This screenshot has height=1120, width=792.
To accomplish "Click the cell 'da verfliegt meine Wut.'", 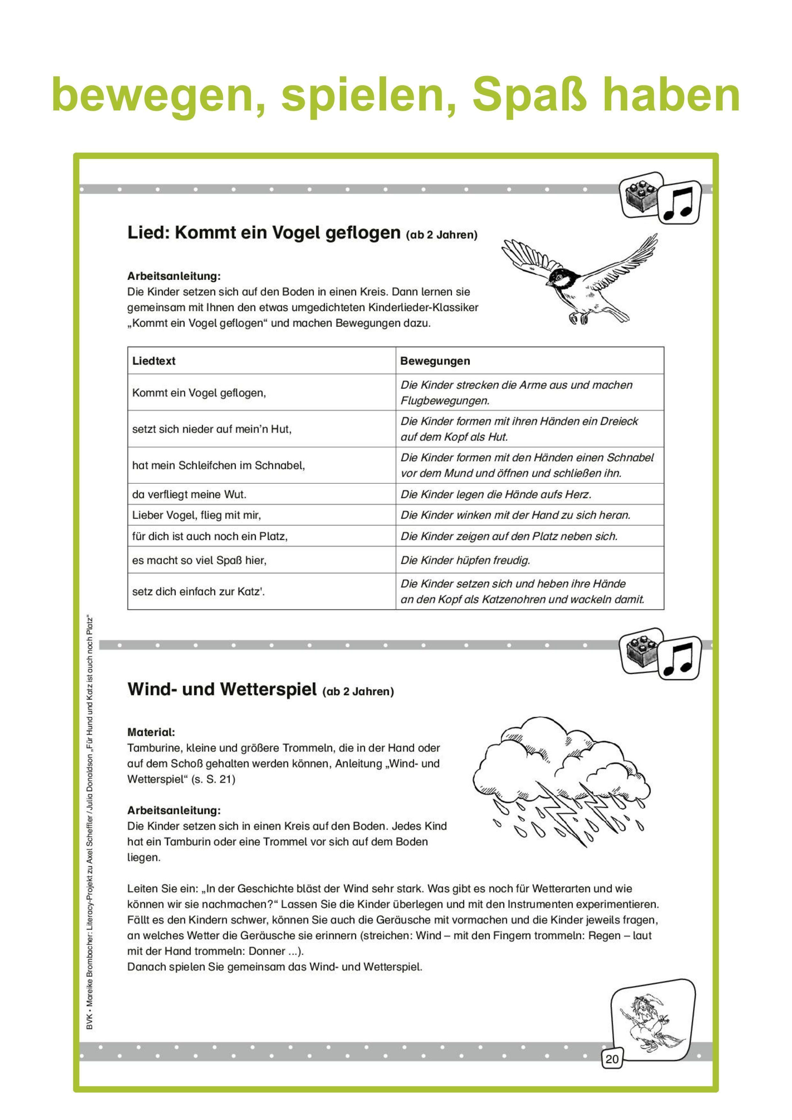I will [x=189, y=494].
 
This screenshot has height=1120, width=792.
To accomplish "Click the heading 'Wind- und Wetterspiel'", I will [x=222, y=689].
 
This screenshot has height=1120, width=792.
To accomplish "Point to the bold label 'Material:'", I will [x=151, y=732].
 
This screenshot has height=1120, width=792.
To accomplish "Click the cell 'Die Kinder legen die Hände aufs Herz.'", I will [x=496, y=494].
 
